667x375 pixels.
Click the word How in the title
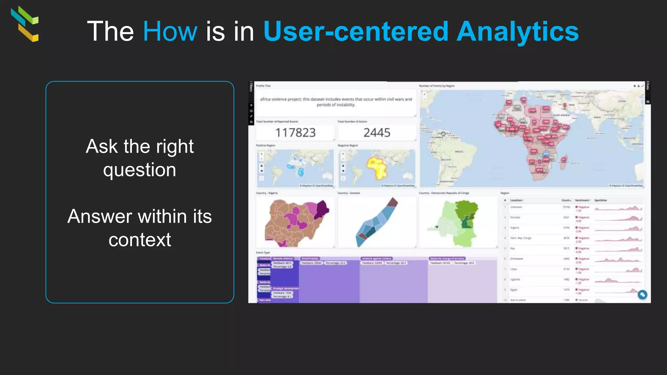(x=170, y=31)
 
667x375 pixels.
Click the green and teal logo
(x=25, y=24)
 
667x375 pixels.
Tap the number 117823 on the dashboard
(x=295, y=133)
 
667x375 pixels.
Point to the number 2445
(x=377, y=133)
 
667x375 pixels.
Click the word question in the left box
(x=140, y=170)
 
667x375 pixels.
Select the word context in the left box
(x=140, y=240)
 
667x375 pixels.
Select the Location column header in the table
(x=517, y=200)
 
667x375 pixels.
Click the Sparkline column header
(x=601, y=200)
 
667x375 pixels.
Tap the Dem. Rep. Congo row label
(x=520, y=238)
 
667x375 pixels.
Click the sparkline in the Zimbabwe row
(x=618, y=259)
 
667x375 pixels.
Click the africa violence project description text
(x=336, y=102)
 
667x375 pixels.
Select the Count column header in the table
(x=566, y=200)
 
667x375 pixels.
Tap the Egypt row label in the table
(x=514, y=290)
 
